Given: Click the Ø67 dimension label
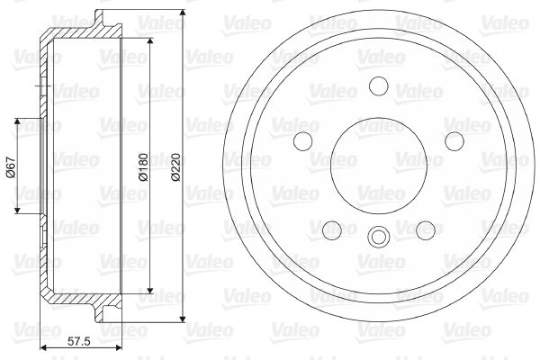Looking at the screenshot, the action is tap(11, 167).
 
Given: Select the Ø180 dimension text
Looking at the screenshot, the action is tap(143, 167).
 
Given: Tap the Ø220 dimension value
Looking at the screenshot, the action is tap(176, 167).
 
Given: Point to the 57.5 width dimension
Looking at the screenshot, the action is tap(79, 341).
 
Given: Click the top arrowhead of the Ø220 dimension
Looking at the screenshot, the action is tap(183, 13).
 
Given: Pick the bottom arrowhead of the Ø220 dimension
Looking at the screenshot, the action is tap(183, 319).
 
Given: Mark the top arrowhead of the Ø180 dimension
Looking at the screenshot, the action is tap(150, 41).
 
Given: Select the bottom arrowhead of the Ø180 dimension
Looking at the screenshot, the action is tap(150, 290).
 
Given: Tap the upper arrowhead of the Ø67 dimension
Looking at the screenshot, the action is tap(17, 122).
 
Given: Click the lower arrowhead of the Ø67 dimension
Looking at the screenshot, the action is tap(17, 210).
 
